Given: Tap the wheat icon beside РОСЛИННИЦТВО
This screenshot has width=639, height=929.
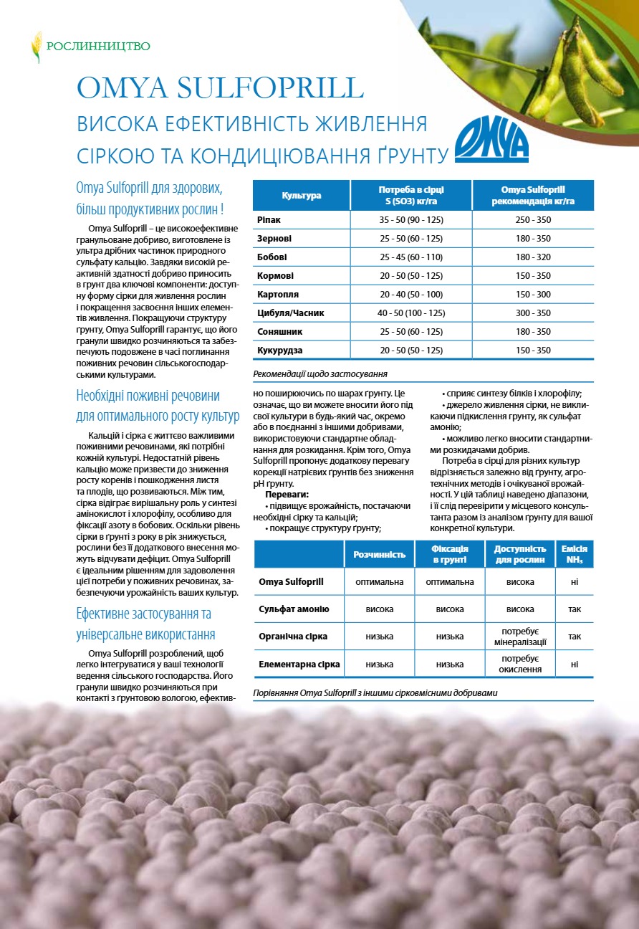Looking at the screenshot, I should pyautogui.click(x=36, y=47).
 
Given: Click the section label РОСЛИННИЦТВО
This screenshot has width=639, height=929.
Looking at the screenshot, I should pyautogui.click(x=98, y=47).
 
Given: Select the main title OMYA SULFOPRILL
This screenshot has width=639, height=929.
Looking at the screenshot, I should pyautogui.click(x=221, y=87).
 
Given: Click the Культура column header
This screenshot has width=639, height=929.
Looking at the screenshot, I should pyautogui.click(x=302, y=196).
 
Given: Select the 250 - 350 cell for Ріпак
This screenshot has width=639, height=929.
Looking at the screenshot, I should pyautogui.click(x=533, y=220).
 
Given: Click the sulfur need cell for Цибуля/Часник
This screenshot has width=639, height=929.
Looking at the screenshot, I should pyautogui.click(x=410, y=313).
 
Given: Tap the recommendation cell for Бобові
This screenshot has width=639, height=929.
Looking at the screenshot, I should pyautogui.click(x=533, y=257).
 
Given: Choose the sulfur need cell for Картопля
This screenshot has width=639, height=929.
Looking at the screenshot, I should pyautogui.click(x=410, y=295).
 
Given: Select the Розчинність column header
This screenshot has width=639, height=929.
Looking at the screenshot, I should pyautogui.click(x=380, y=554).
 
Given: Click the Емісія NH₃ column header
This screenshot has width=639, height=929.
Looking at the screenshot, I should pyautogui.click(x=575, y=554).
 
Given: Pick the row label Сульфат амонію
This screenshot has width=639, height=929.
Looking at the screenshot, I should pyautogui.click(x=294, y=609).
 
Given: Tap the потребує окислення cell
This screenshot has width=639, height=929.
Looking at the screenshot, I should pyautogui.click(x=520, y=664).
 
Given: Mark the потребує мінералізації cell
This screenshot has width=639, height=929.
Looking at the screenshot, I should pyautogui.click(x=520, y=637).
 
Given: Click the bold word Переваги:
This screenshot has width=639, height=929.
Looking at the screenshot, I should pyautogui.click(x=287, y=495).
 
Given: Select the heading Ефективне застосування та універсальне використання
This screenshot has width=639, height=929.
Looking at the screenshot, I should pyautogui.click(x=146, y=624).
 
